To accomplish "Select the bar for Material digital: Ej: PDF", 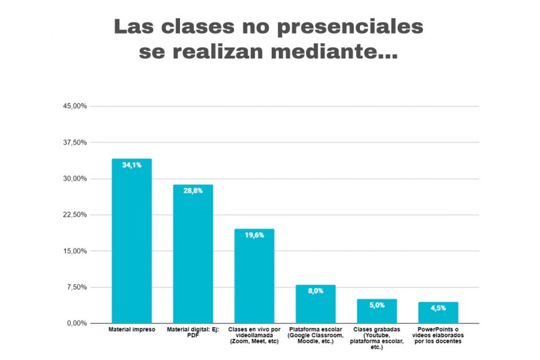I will tap(193, 254).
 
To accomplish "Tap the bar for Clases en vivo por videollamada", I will tap(254, 276).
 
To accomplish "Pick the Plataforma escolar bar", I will tap(315, 304).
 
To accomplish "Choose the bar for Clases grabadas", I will tap(377, 311).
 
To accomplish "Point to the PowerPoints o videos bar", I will tap(438, 312).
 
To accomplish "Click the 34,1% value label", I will tap(132, 165).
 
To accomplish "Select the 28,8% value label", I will tap(193, 191).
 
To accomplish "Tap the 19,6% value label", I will tap(254, 235).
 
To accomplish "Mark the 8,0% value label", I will tap(315, 291).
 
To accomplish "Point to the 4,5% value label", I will tap(438, 308).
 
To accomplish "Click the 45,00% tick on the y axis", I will tap(75, 106).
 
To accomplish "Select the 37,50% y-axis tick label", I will tap(75, 143).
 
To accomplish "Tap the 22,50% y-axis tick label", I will tap(75, 215).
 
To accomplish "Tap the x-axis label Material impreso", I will tap(132, 330).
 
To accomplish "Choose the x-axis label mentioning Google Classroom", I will tap(315, 335).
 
